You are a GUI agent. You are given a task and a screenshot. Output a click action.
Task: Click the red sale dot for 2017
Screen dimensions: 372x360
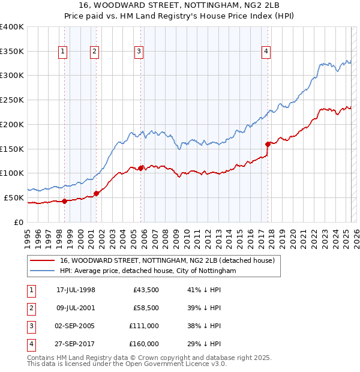(268, 144)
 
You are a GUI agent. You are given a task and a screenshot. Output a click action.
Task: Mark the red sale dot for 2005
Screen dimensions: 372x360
(141, 168)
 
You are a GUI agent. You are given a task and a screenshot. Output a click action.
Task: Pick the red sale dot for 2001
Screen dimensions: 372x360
(96, 193)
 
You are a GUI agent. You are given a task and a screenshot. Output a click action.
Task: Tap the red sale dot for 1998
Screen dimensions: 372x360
(65, 201)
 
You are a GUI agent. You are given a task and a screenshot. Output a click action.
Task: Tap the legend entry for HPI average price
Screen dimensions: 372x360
(148, 271)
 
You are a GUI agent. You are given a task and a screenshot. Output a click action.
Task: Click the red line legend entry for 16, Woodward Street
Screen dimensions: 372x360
(167, 260)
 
